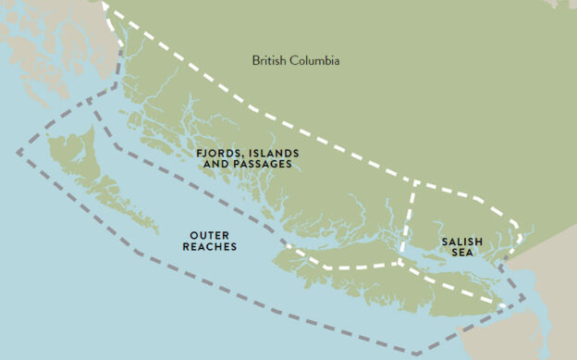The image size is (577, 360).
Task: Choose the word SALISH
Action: point(460,241)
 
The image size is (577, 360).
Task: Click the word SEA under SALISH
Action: point(460,252)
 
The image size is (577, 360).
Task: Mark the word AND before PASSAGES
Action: point(212,164)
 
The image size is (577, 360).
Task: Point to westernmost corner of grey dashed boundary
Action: point(17,151)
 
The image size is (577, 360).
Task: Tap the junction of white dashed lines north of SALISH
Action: point(413,181)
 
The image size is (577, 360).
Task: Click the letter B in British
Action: point(256,60)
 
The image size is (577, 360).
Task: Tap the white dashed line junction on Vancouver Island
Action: point(398,263)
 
